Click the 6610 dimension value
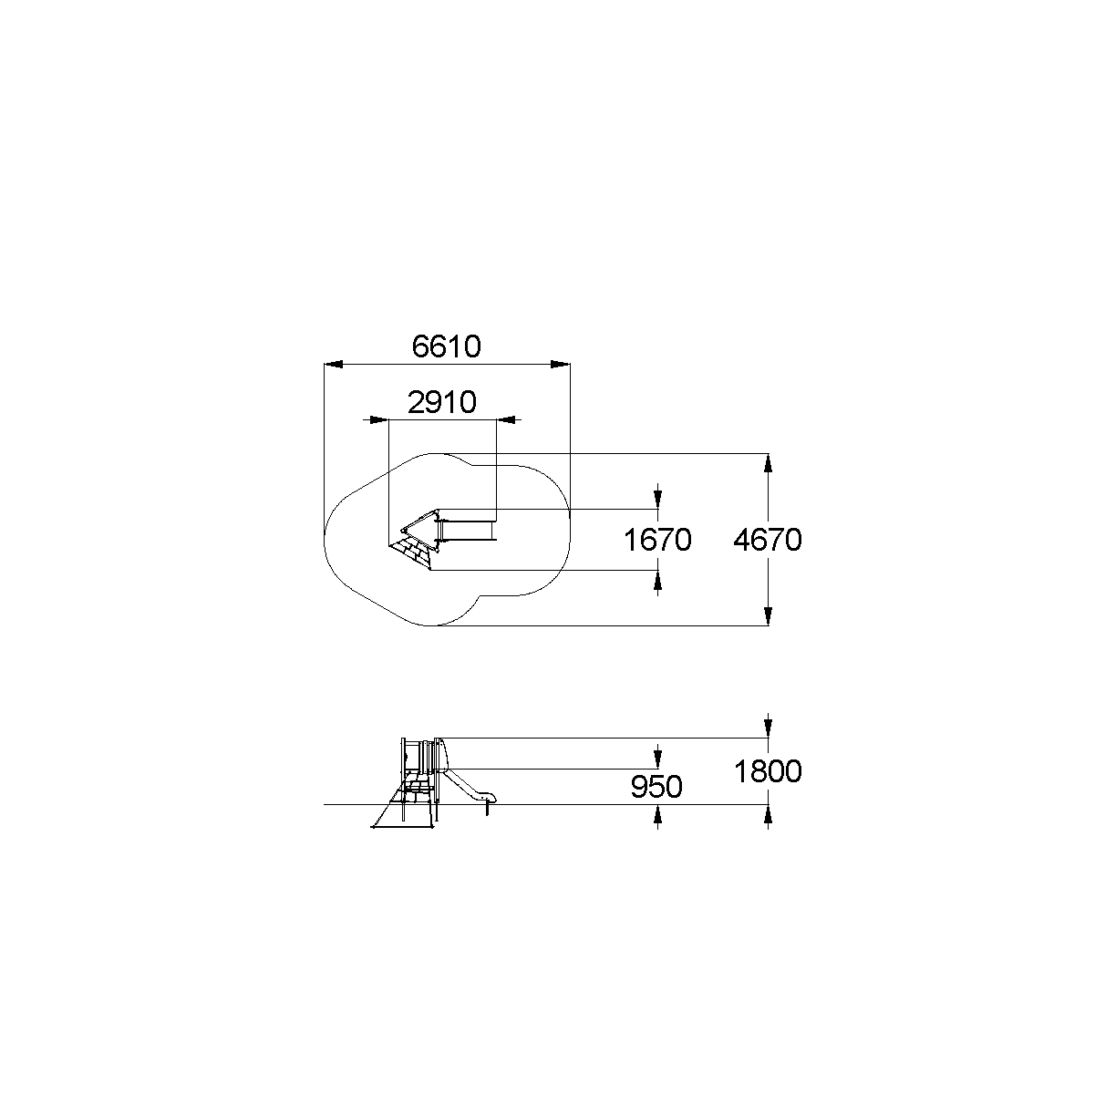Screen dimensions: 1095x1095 446,346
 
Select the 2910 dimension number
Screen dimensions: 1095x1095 442,402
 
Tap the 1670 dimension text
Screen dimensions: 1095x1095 657,540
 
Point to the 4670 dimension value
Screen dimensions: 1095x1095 768,540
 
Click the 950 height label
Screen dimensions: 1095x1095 656,787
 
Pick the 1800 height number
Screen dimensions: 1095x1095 768,771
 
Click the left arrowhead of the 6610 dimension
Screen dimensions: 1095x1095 333,365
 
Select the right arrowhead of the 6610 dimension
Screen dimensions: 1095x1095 561,365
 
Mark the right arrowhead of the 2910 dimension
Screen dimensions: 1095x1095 506,420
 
